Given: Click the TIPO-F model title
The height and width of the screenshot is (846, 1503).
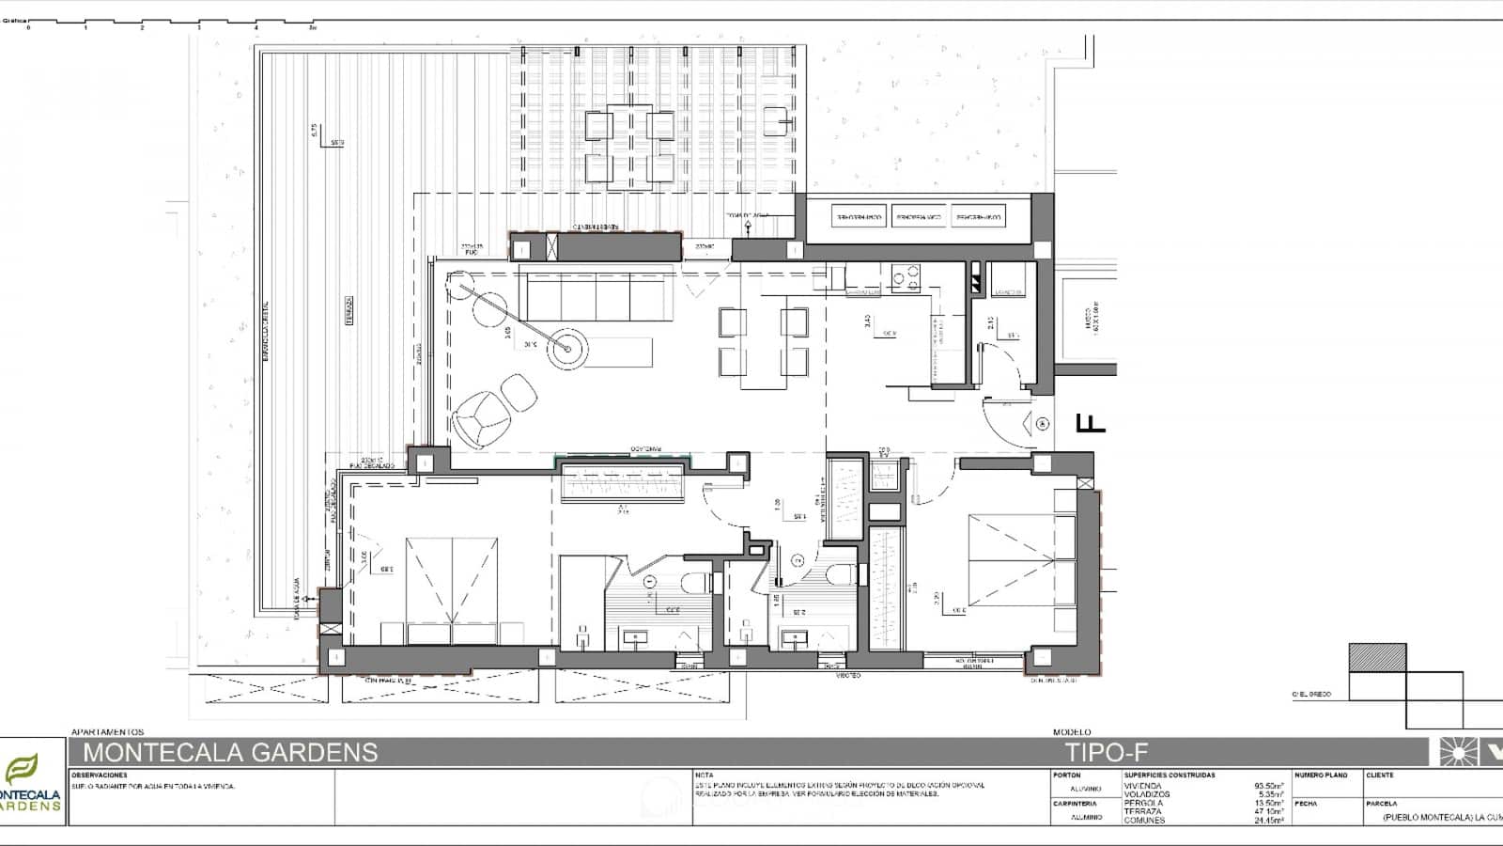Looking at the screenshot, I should click(x=1106, y=752).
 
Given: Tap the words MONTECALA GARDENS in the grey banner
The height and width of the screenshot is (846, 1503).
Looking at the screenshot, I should click(x=230, y=752).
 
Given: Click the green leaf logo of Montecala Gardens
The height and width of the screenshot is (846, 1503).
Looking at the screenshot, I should click(x=21, y=770).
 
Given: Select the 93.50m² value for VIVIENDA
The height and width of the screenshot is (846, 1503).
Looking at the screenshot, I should click(x=1268, y=786).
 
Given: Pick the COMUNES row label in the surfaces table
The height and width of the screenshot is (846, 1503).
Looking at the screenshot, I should click(x=1143, y=820).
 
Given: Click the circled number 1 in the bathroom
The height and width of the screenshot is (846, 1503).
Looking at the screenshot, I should click(x=649, y=583).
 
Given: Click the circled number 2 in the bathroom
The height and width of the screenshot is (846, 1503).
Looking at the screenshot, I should click(x=798, y=561).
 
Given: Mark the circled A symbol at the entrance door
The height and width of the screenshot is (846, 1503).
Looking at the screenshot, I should click(x=1042, y=425).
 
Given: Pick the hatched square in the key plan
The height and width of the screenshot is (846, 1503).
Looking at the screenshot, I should click(x=1377, y=657).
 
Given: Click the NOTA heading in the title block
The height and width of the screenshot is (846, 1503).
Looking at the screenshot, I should click(x=704, y=775).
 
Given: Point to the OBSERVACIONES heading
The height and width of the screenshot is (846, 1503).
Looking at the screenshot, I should click(x=99, y=775).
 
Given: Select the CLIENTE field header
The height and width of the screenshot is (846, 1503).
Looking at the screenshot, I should click(x=1380, y=775).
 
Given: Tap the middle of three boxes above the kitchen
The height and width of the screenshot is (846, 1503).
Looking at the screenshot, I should click(x=918, y=218).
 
